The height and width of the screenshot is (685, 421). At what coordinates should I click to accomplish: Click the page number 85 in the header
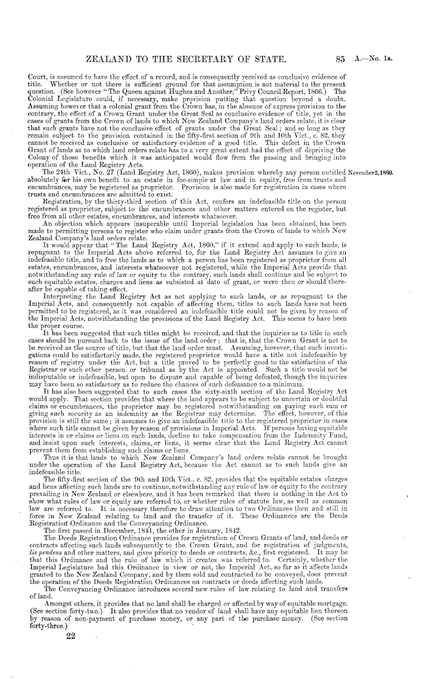359,59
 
